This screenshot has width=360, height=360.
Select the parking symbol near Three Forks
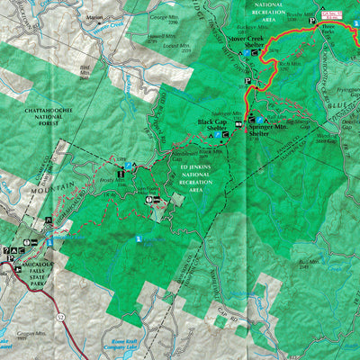(314, 19)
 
